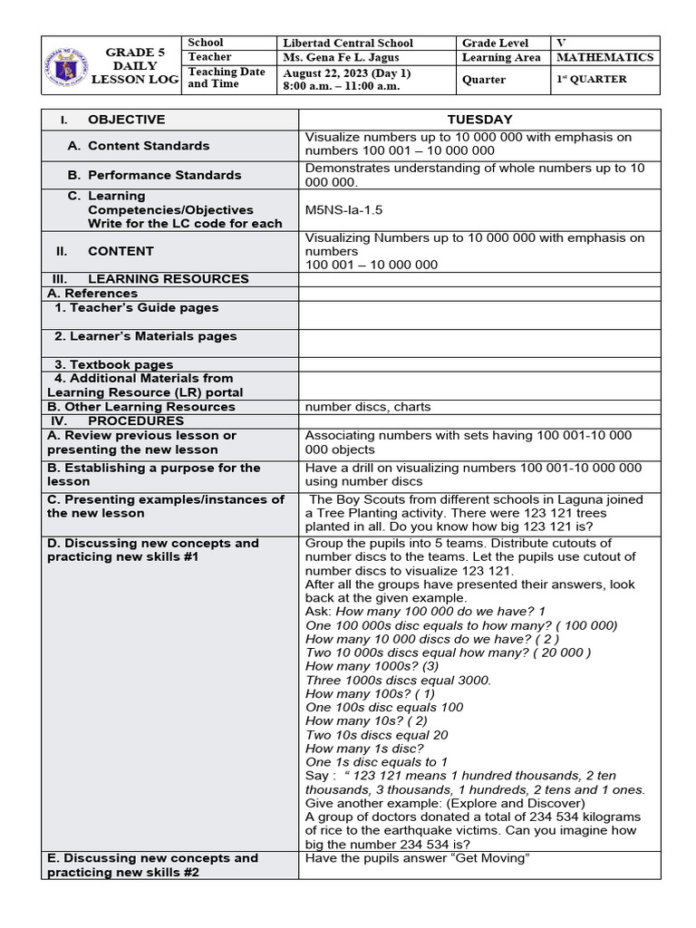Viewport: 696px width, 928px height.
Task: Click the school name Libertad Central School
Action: (x=348, y=43)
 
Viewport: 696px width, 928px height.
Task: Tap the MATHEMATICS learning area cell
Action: (x=604, y=57)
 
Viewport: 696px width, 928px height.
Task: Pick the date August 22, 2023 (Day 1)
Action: (x=347, y=72)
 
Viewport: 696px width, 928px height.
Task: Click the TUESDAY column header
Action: (x=479, y=120)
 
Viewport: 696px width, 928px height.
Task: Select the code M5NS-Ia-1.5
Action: (x=343, y=209)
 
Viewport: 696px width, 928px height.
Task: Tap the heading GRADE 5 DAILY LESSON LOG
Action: (x=135, y=66)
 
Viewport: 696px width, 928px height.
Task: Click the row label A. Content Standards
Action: (x=149, y=145)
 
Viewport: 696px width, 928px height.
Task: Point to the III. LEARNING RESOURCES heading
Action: (x=168, y=279)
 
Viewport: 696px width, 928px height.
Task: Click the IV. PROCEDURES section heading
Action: (x=135, y=420)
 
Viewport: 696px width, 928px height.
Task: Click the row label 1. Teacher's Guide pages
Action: (x=136, y=308)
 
